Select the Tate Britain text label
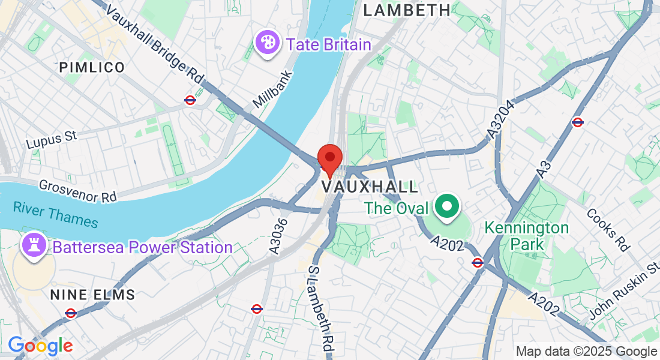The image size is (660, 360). tap(329, 44)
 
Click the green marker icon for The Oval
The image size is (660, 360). tap(446, 208)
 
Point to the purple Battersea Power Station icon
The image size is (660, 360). tap(32, 246)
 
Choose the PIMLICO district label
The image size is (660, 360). tap(92, 67)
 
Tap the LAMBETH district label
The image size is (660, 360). tap(407, 10)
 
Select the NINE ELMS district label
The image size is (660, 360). tap(92, 295)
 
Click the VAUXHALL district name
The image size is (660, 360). tap(370, 187)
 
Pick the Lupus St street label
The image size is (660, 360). tap(52, 139)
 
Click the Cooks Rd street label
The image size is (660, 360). tap(608, 229)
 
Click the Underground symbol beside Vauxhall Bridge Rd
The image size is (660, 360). tap(190, 100)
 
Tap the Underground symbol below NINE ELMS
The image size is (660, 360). tap(71, 313)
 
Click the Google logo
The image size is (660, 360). tap(40, 346)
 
